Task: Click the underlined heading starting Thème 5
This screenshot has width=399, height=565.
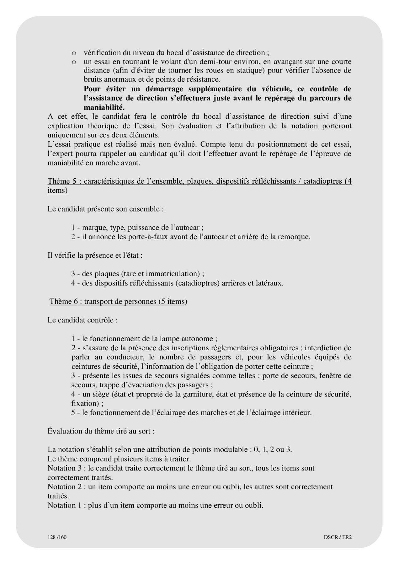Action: pos(199,181)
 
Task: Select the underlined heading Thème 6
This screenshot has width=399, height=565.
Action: pos(118,302)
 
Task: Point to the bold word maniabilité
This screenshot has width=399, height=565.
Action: pos(104,107)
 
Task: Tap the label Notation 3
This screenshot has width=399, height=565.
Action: pos(66,468)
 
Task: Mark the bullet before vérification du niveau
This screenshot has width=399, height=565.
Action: pos(74,53)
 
